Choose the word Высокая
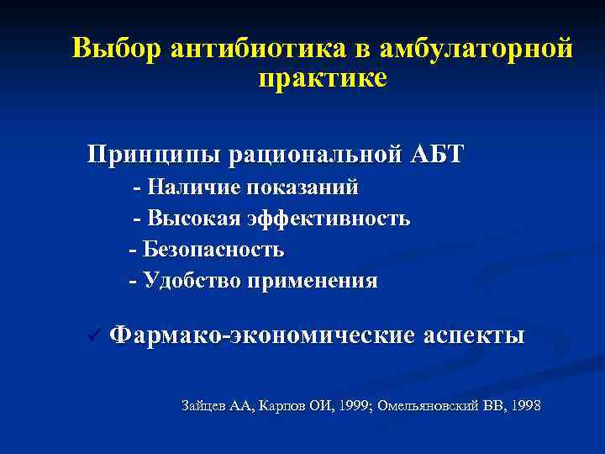[x=194, y=219]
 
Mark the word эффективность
[x=329, y=219]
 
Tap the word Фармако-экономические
[x=263, y=336]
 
